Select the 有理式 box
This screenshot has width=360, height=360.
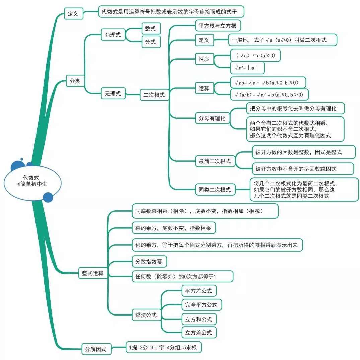point(113,34)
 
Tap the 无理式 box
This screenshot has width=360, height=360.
point(113,94)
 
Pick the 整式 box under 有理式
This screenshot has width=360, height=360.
point(150,29)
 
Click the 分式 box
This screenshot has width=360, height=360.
point(150,42)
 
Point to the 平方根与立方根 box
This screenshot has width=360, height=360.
point(218,26)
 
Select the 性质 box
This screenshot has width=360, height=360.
point(204,59)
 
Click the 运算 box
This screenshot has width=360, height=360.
point(204,88)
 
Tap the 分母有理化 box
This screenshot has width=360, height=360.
point(212,118)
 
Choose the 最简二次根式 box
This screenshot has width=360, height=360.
point(215,161)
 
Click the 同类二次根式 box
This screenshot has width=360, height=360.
point(215,190)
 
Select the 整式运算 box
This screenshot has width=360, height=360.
point(93,273)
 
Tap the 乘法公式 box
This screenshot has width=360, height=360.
point(146,315)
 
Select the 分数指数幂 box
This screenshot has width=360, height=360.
point(149,262)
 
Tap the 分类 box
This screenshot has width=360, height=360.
point(75,81)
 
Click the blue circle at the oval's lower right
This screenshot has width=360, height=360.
point(48,197)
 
